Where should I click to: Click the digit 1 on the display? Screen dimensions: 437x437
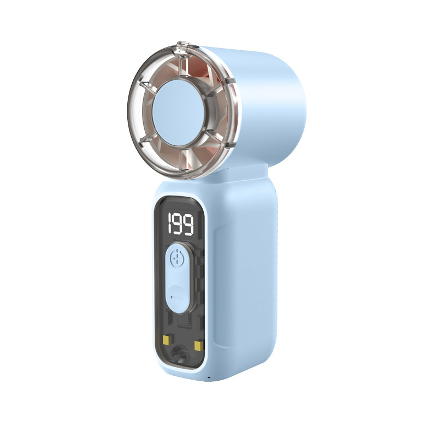point(170,224)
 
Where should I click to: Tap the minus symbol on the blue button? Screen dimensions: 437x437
point(177,297)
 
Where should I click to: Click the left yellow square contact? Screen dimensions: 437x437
point(167,340)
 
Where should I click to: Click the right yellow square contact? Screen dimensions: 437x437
point(198,345)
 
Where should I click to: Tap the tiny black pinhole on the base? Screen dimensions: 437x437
point(209,378)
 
